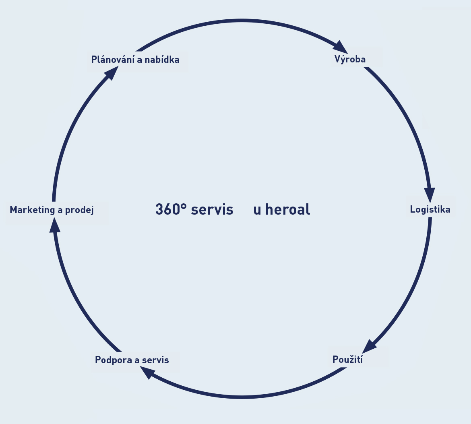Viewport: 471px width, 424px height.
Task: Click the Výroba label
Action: click(x=350, y=60)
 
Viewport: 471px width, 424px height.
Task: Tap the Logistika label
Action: click(x=430, y=209)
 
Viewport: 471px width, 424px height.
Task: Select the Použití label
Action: click(x=347, y=360)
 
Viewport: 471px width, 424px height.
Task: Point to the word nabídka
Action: click(x=163, y=60)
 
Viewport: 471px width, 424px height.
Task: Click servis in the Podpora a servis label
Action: click(x=156, y=360)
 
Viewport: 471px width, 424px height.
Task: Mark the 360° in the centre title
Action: click(x=171, y=209)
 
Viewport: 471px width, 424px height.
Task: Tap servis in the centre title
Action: click(x=212, y=209)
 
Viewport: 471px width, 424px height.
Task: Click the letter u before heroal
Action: click(x=257, y=210)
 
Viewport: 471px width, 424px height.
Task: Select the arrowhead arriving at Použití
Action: click(x=368, y=347)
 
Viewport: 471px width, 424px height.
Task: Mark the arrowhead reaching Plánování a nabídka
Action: click(x=112, y=73)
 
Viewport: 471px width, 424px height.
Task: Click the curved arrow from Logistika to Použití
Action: click(x=415, y=290)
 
